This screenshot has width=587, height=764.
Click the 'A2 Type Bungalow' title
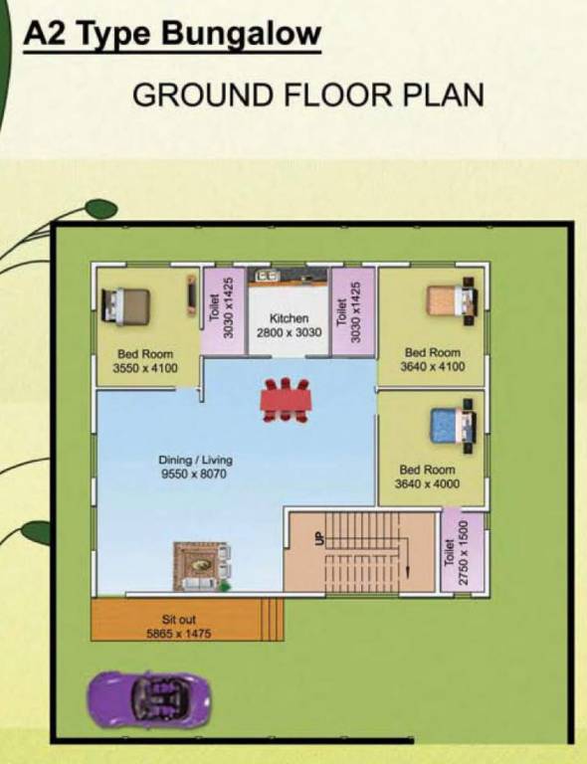171,36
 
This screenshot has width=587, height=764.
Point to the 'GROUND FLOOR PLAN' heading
307,95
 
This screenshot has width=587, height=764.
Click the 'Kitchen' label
290,319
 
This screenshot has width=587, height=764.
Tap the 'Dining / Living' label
195,460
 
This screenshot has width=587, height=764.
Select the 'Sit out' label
179,620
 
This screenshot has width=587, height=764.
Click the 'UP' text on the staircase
319,537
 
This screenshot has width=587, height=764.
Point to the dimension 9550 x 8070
195,475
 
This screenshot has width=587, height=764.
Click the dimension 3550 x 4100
144,368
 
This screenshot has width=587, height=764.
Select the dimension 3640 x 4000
427,484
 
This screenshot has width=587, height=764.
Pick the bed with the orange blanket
450,299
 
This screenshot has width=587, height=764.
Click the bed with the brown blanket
124,302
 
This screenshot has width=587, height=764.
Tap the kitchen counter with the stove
288,275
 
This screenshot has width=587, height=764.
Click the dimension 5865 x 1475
179,633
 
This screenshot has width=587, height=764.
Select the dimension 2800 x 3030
290,333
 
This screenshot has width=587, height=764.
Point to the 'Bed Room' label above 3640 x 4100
432,353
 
